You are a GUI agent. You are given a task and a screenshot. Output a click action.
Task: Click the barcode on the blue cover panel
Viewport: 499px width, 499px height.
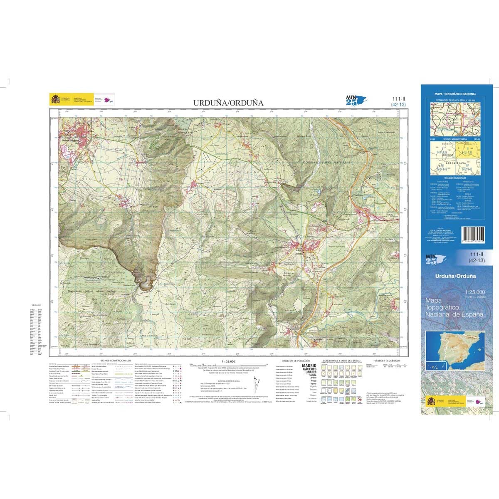point(473,233)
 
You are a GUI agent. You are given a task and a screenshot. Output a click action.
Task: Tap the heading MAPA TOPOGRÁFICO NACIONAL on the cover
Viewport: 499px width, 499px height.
point(455,94)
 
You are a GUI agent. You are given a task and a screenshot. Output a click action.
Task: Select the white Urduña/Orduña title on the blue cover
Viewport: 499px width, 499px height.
point(455,276)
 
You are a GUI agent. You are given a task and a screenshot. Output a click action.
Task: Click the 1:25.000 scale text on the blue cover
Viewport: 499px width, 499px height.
point(474,292)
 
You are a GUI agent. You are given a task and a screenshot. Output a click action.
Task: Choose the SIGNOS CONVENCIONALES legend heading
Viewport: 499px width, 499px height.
point(116,361)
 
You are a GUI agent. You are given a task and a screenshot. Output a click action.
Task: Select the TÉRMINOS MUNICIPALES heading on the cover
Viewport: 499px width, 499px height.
point(455,178)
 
